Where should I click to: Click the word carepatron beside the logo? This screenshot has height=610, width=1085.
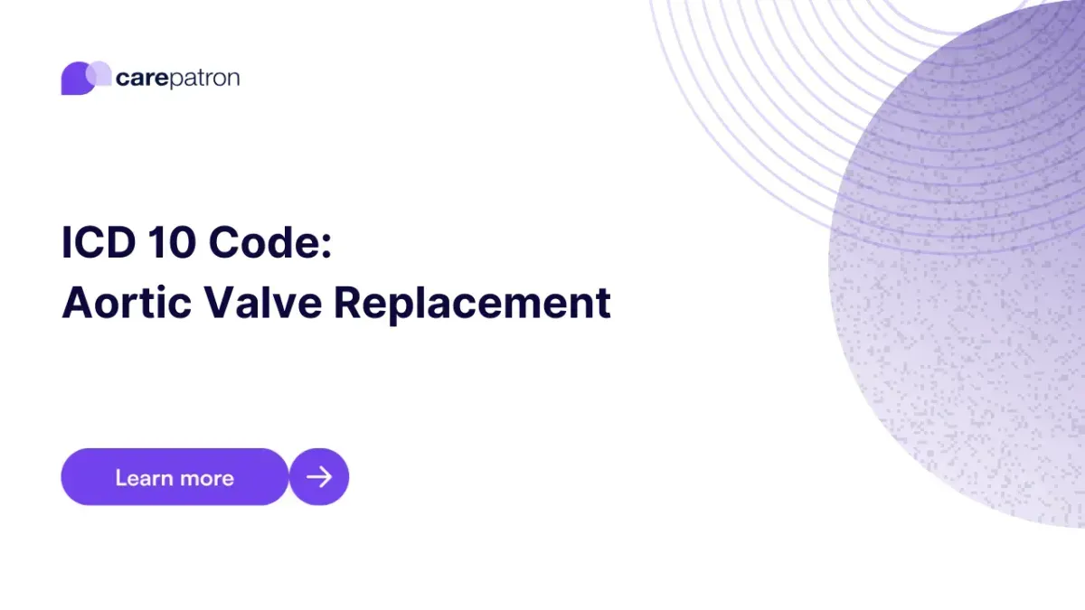pyautogui.click(x=177, y=79)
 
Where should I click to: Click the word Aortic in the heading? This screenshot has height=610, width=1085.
pyautogui.click(x=126, y=303)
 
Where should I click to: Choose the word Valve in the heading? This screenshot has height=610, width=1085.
pyautogui.click(x=261, y=303)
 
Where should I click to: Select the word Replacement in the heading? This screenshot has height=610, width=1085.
pyautogui.click(x=472, y=305)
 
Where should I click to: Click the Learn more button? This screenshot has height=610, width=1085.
pyautogui.click(x=175, y=476)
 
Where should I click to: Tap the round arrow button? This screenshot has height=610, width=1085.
pyautogui.click(x=319, y=476)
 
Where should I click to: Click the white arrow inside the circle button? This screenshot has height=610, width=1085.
pyautogui.click(x=319, y=476)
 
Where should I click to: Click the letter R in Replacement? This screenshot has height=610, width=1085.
pyautogui.click(x=349, y=303)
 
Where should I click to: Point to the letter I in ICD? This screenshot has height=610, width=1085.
pyautogui.click(x=67, y=244)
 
